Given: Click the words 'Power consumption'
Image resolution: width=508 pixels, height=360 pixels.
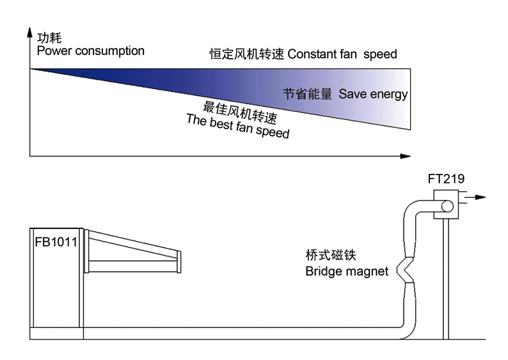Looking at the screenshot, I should pos(90,51).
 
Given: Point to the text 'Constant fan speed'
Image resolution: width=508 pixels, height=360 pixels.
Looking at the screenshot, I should pos(342,54).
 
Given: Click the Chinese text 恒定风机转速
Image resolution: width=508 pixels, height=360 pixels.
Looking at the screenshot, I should pos(247,54).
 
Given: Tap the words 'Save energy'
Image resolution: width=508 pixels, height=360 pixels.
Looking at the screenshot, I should pos(373,94).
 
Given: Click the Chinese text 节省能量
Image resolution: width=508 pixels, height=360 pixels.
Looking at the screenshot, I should pos(308,94).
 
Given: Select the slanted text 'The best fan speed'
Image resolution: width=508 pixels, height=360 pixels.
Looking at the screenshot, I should pos(237,127).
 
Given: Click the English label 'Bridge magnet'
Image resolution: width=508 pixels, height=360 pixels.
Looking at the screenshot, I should pos(346,271).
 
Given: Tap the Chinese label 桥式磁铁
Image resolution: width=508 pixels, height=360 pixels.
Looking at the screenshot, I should pos(331,256).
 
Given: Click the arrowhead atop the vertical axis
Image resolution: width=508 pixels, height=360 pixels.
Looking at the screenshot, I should pos(29,32).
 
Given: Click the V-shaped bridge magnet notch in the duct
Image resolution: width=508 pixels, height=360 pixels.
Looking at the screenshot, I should pos(406,270).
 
